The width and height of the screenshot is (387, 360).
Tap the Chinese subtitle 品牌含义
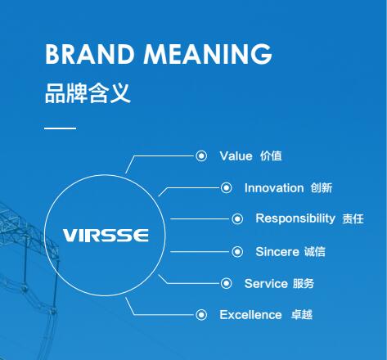[x=88, y=92]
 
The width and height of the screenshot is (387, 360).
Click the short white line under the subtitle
[x=60, y=128]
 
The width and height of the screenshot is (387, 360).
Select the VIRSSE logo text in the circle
[x=106, y=235]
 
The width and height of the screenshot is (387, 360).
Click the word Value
[x=236, y=155]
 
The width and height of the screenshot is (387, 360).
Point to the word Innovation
[x=273, y=187]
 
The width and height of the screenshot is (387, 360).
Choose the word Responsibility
[x=295, y=218]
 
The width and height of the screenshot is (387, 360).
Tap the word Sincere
[x=277, y=251]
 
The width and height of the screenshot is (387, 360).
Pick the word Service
[x=266, y=283]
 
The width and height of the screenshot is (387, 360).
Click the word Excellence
[x=250, y=314]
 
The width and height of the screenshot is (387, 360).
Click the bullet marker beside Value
[x=201, y=155]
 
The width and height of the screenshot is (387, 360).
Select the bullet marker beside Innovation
[x=227, y=187]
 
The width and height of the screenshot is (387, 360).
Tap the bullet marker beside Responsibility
[x=237, y=218]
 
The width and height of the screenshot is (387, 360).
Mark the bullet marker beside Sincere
[x=237, y=251]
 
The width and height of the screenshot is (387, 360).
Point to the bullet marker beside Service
[x=227, y=283]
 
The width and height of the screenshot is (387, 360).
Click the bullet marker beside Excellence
[x=201, y=314]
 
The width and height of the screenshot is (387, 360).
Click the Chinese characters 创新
[x=321, y=188]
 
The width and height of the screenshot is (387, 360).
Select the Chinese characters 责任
[x=353, y=219]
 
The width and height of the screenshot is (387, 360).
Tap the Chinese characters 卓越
[x=302, y=315]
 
